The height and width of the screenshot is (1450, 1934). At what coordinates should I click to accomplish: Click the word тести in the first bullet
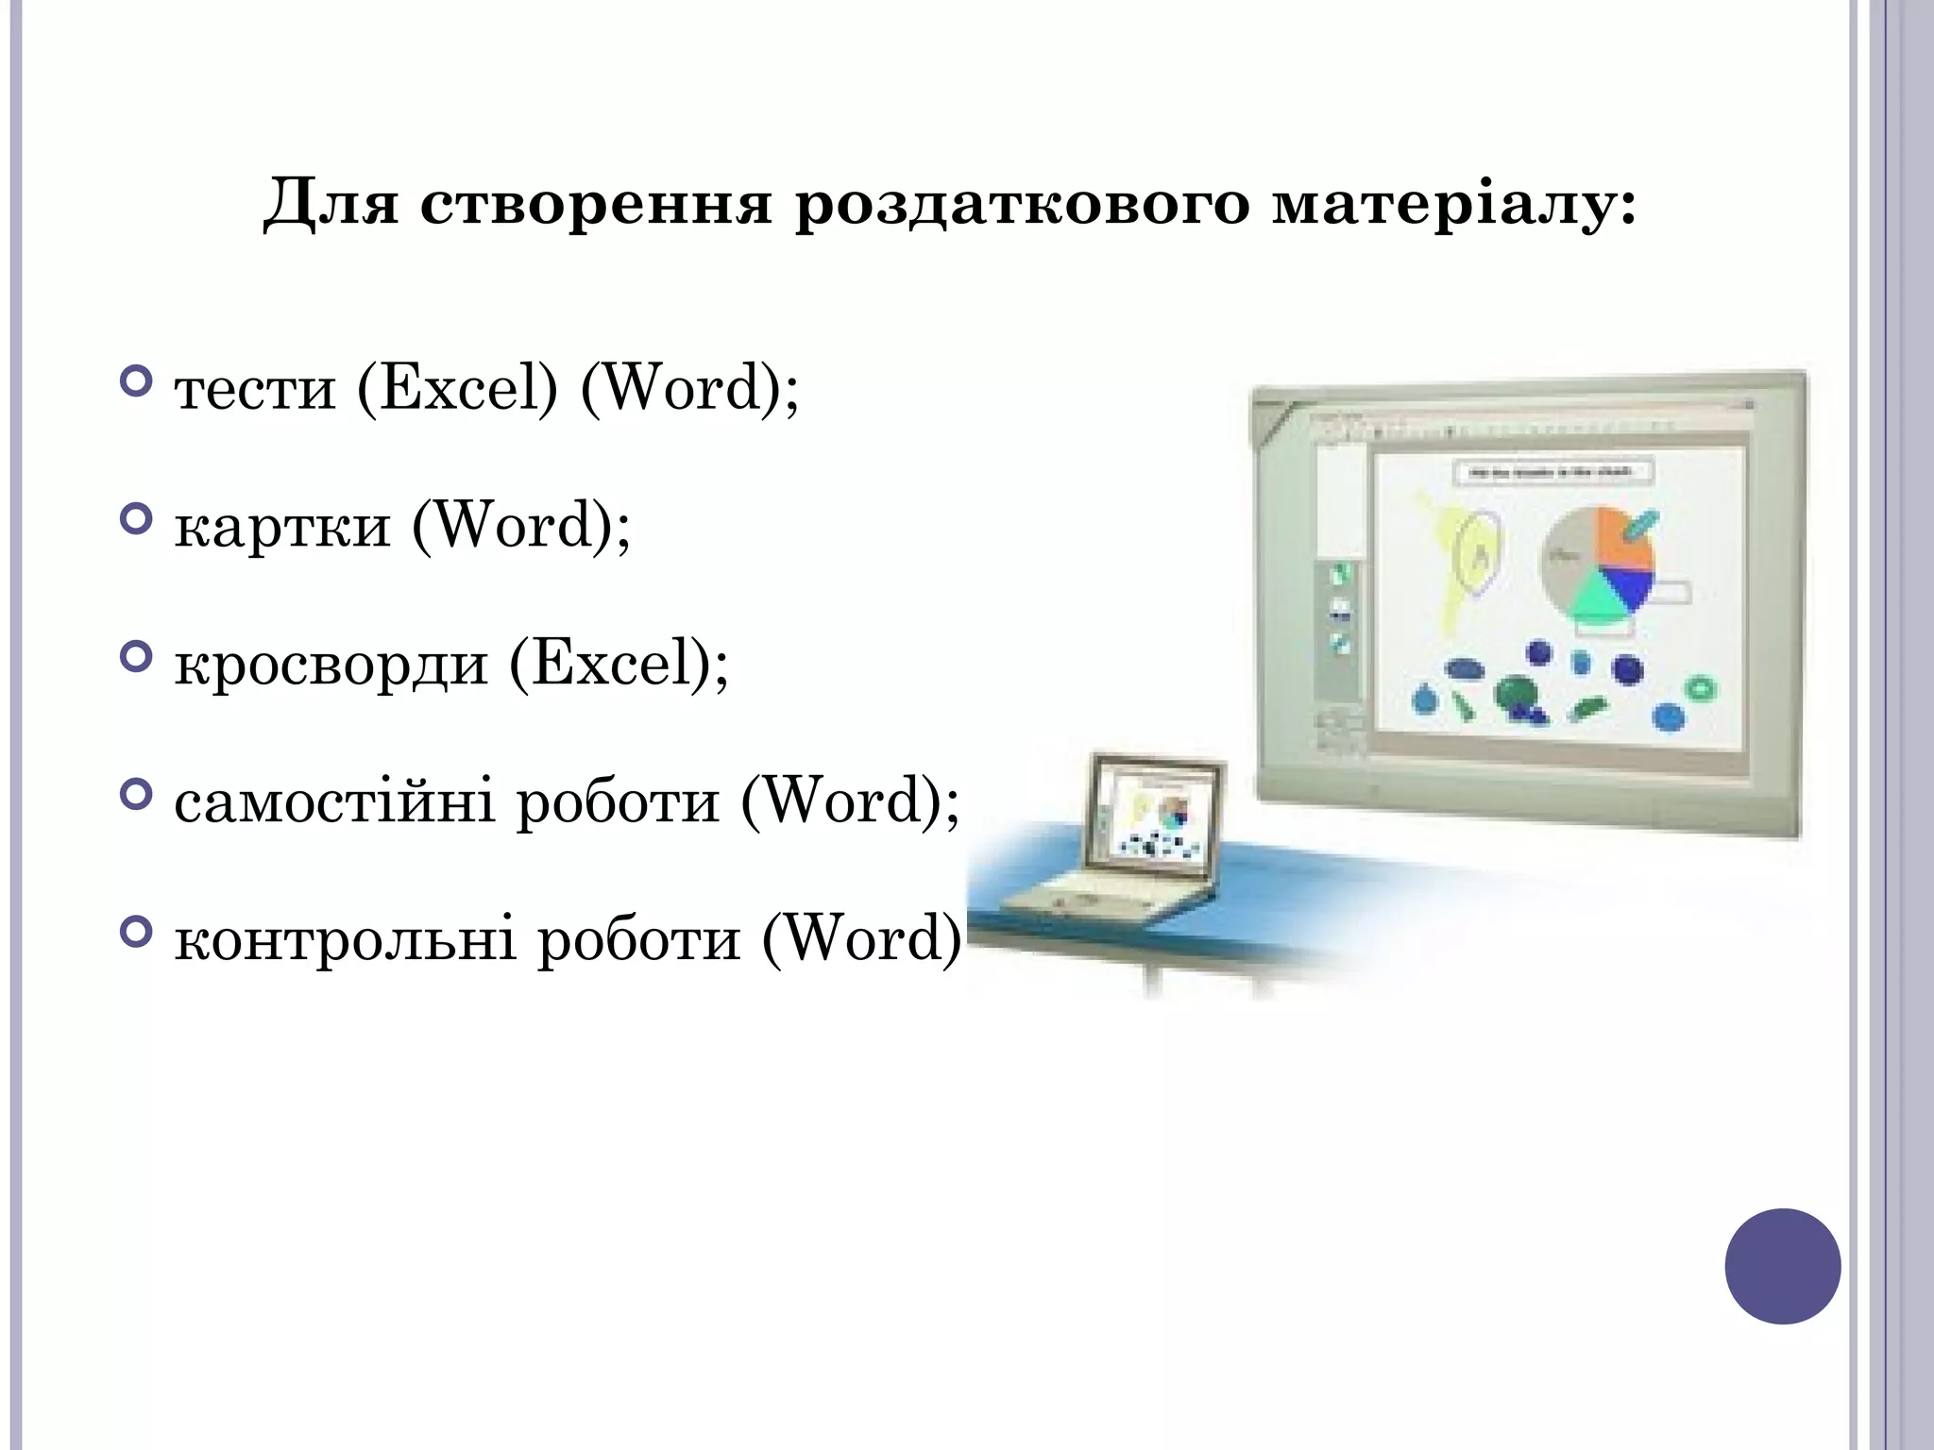click(255, 389)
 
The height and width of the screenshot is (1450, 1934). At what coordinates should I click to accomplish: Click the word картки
click(282, 527)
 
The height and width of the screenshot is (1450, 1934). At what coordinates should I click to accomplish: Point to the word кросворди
click(331, 665)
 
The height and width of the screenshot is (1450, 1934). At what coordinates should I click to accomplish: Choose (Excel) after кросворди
click(619, 664)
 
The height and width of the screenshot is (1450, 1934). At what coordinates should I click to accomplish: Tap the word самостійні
click(334, 802)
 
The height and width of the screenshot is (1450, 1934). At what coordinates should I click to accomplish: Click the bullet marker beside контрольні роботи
click(137, 933)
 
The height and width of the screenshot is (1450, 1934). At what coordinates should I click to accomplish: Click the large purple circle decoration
click(1782, 1266)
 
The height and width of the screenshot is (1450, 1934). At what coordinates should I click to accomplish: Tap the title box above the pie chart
click(1553, 472)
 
